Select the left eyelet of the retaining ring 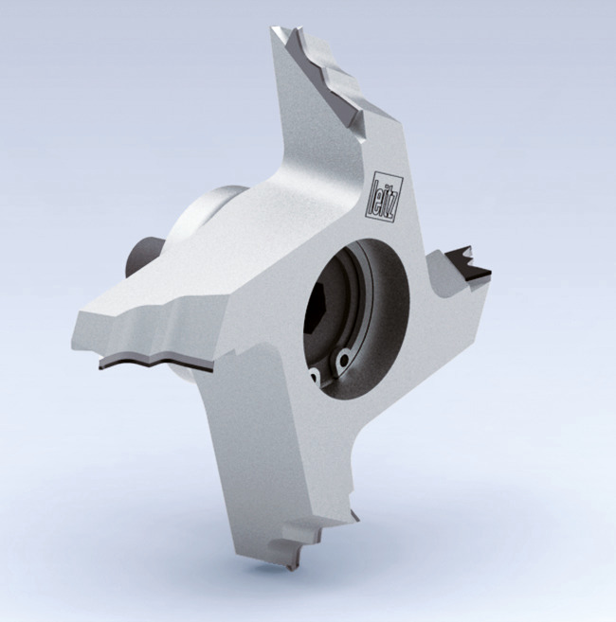point(312,376)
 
